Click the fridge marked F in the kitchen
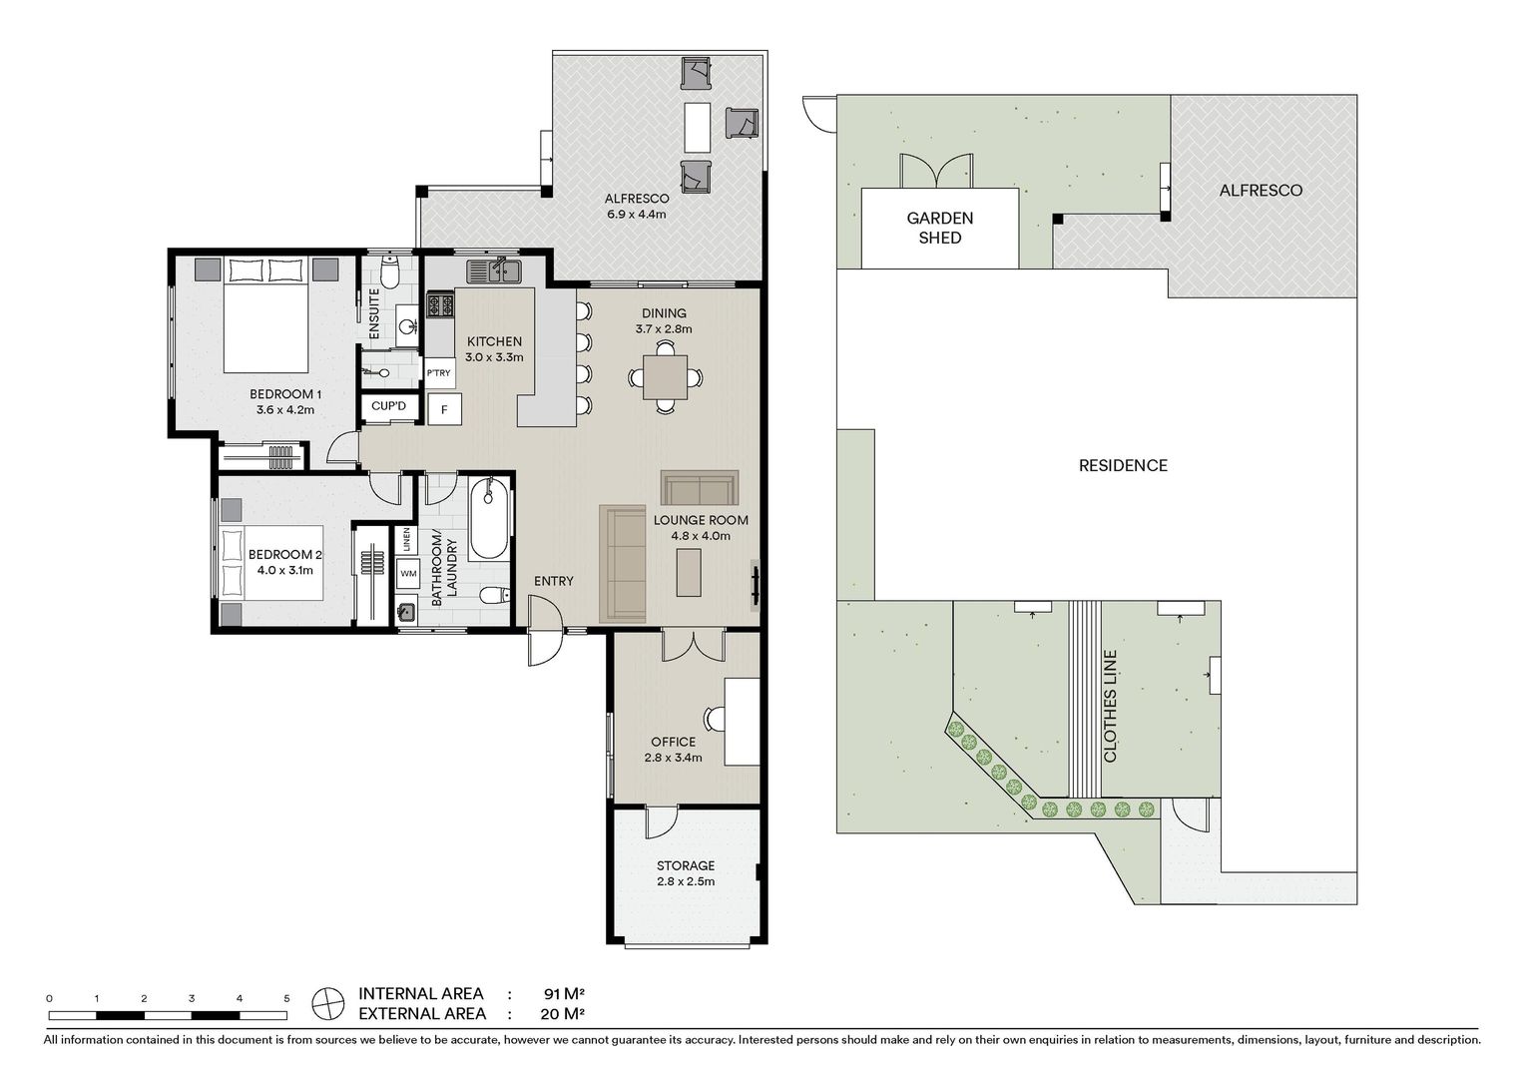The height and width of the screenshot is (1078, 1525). pos(444,409)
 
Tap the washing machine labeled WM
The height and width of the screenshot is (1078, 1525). pos(408,573)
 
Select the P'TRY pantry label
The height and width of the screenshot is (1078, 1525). pos(439,373)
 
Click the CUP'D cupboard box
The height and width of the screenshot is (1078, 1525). pos(389,406)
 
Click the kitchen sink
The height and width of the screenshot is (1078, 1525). pos(494,270)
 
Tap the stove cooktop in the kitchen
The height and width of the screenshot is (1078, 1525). pos(440,304)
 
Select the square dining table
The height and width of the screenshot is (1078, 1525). pos(665,377)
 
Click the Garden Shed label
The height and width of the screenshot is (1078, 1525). pos(939,228)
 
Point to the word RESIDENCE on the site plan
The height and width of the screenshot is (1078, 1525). pos(1123,466)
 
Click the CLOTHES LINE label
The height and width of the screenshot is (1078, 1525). pos(1110,706)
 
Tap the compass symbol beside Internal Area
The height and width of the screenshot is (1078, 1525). pos(328,1004)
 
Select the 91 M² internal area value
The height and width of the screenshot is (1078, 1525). pos(564,993)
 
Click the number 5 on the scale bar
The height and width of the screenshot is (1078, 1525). pos(286,998)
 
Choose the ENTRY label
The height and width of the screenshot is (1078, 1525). pos(554,581)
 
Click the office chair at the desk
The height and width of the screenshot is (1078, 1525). pos(715,719)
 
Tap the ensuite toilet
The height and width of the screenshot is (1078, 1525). pos(390,272)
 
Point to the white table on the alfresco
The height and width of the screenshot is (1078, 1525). pos(698,128)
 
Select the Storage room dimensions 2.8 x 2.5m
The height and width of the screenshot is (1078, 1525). pos(686,881)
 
